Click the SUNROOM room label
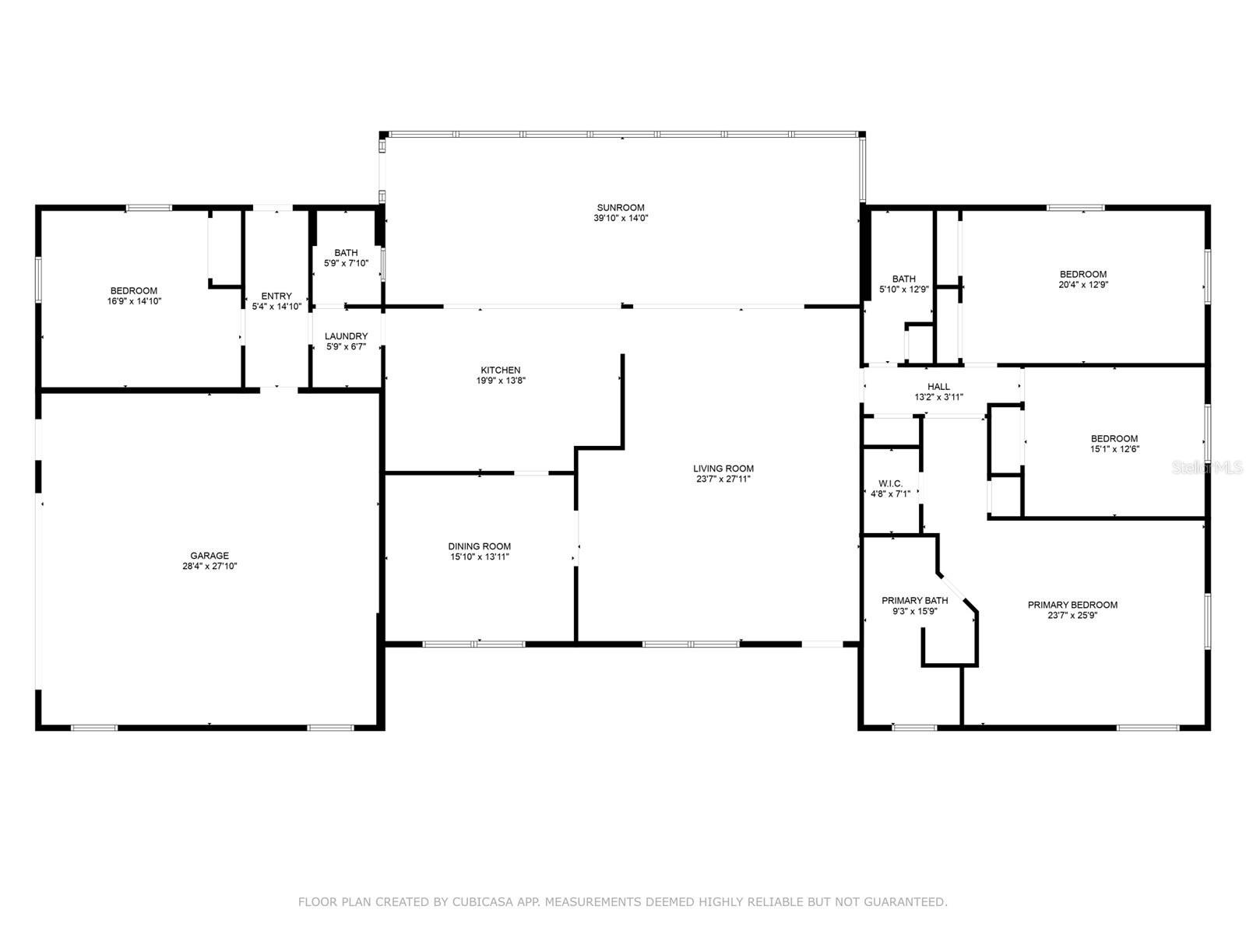(621, 208)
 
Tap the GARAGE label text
(209, 556)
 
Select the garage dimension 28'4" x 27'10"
(209, 566)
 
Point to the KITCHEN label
(501, 370)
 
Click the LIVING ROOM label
(723, 469)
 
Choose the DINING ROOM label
(480, 546)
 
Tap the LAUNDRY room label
(347, 336)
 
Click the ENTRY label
(276, 296)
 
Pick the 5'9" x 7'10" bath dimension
(347, 263)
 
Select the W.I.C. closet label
(891, 483)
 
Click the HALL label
(939, 387)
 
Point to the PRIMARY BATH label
(914, 601)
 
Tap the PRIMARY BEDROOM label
(1073, 605)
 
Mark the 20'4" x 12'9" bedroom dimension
(1083, 285)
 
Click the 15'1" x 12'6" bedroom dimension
(1114, 449)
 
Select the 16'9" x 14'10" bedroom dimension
(134, 301)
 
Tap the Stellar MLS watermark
(1207, 468)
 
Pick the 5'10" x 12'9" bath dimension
(903, 290)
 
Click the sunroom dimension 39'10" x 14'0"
(621, 218)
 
